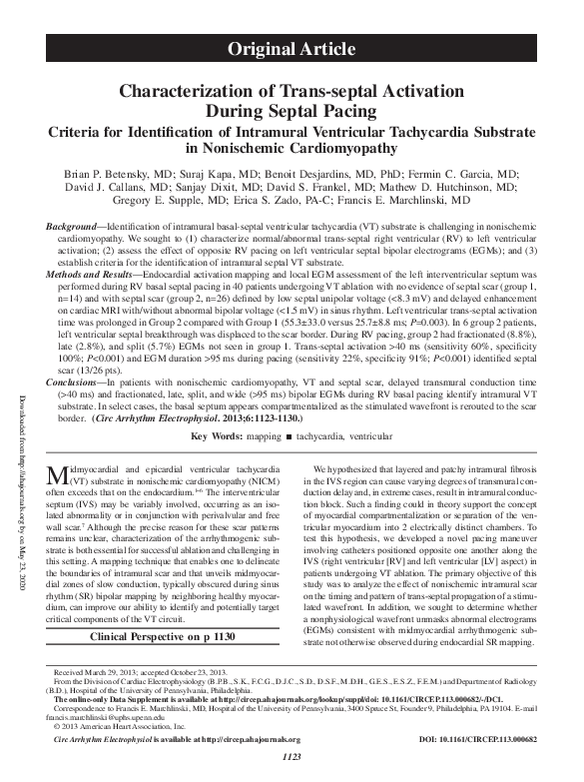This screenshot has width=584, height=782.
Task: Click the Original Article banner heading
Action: pos(292,48)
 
